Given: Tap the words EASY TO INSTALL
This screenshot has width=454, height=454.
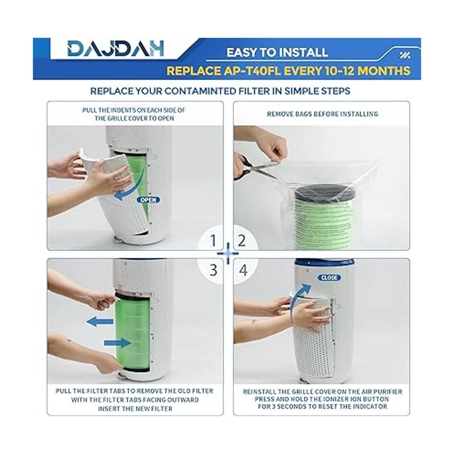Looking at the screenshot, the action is coord(277,52).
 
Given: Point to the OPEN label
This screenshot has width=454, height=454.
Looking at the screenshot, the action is coord(148,200).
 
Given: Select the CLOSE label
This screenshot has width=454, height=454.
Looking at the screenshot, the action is coord(329,278).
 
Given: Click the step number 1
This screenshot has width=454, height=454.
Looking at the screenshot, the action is coord(213,241).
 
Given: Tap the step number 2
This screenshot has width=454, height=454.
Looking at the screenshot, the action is coord(241,241).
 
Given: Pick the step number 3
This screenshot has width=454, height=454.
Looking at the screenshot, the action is coord(213,270).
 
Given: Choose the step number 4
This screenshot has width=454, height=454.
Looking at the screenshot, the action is coord(243,270).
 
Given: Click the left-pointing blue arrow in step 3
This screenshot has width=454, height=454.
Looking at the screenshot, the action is coord(100,321).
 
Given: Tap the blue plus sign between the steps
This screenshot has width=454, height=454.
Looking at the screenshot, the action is coord(228,254).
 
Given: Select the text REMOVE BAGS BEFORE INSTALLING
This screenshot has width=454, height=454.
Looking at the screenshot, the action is coord(323,114).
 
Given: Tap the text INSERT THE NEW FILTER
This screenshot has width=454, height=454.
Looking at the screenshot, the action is coord(135,408).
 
